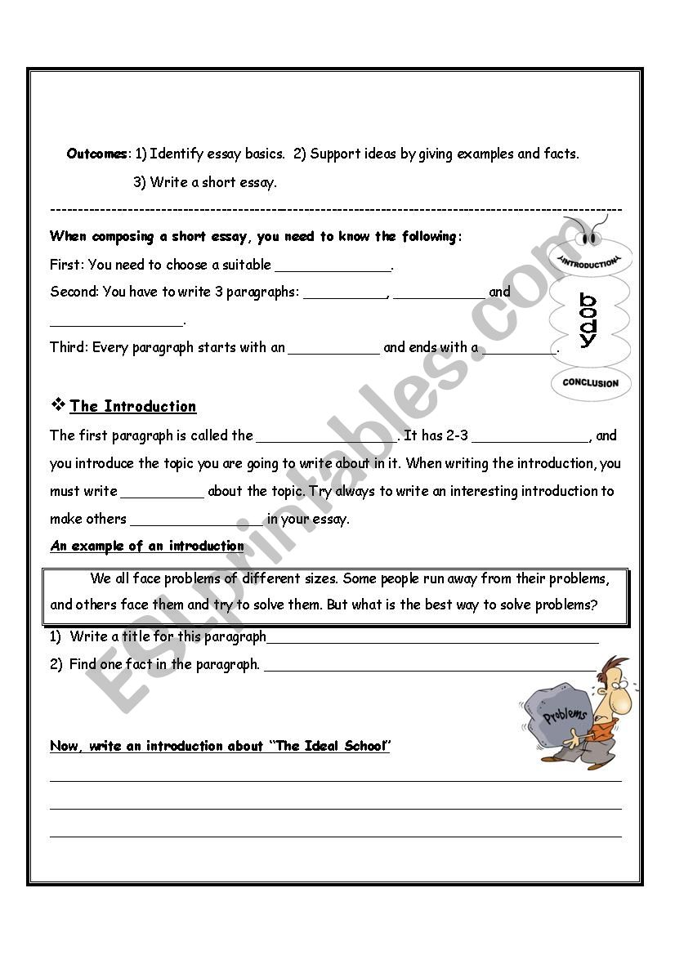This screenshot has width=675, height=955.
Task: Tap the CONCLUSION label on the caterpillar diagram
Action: pyautogui.click(x=590, y=382)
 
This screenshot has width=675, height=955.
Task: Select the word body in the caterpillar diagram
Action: pyautogui.click(x=588, y=320)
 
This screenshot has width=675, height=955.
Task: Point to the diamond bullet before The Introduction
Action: pyautogui.click(x=58, y=404)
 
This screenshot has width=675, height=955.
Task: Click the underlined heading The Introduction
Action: pyautogui.click(x=133, y=406)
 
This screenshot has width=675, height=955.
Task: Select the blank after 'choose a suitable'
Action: pyautogui.click(x=333, y=266)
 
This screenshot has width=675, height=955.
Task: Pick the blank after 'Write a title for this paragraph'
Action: pyautogui.click(x=432, y=639)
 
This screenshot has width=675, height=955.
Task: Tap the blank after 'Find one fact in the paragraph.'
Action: pyautogui.click(x=430, y=667)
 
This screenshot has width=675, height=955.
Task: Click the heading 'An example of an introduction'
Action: pyautogui.click(x=147, y=546)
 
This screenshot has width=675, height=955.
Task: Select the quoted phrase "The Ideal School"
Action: pyautogui.click(x=329, y=746)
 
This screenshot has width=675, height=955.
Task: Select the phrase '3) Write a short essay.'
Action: pyautogui.click(x=205, y=182)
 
